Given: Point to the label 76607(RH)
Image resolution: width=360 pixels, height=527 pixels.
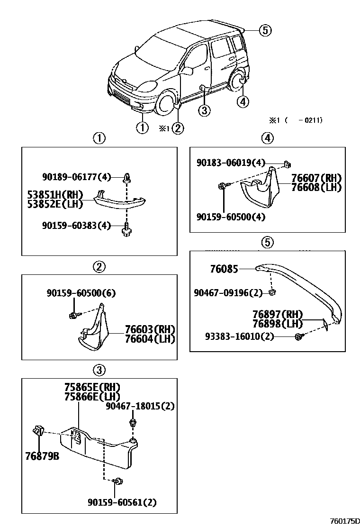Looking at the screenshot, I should [x=316, y=178].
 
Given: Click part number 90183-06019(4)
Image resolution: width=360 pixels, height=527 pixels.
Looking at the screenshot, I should [x=231, y=163].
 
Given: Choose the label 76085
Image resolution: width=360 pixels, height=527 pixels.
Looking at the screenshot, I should [x=224, y=269].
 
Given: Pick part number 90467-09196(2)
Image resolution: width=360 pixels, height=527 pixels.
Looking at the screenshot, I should [x=228, y=293].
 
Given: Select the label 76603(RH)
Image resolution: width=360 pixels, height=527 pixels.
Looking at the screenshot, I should [x=150, y=329].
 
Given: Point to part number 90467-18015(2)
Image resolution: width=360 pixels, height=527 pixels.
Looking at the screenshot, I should [x=134, y=406].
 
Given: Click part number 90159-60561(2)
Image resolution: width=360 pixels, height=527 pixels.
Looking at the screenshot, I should [x=122, y=502].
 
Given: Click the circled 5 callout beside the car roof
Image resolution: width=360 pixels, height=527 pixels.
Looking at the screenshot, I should [x=265, y=30].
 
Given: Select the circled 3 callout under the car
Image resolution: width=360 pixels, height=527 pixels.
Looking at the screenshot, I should [x=204, y=110].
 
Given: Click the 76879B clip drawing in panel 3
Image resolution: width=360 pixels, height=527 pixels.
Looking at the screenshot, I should [x=38, y=431].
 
